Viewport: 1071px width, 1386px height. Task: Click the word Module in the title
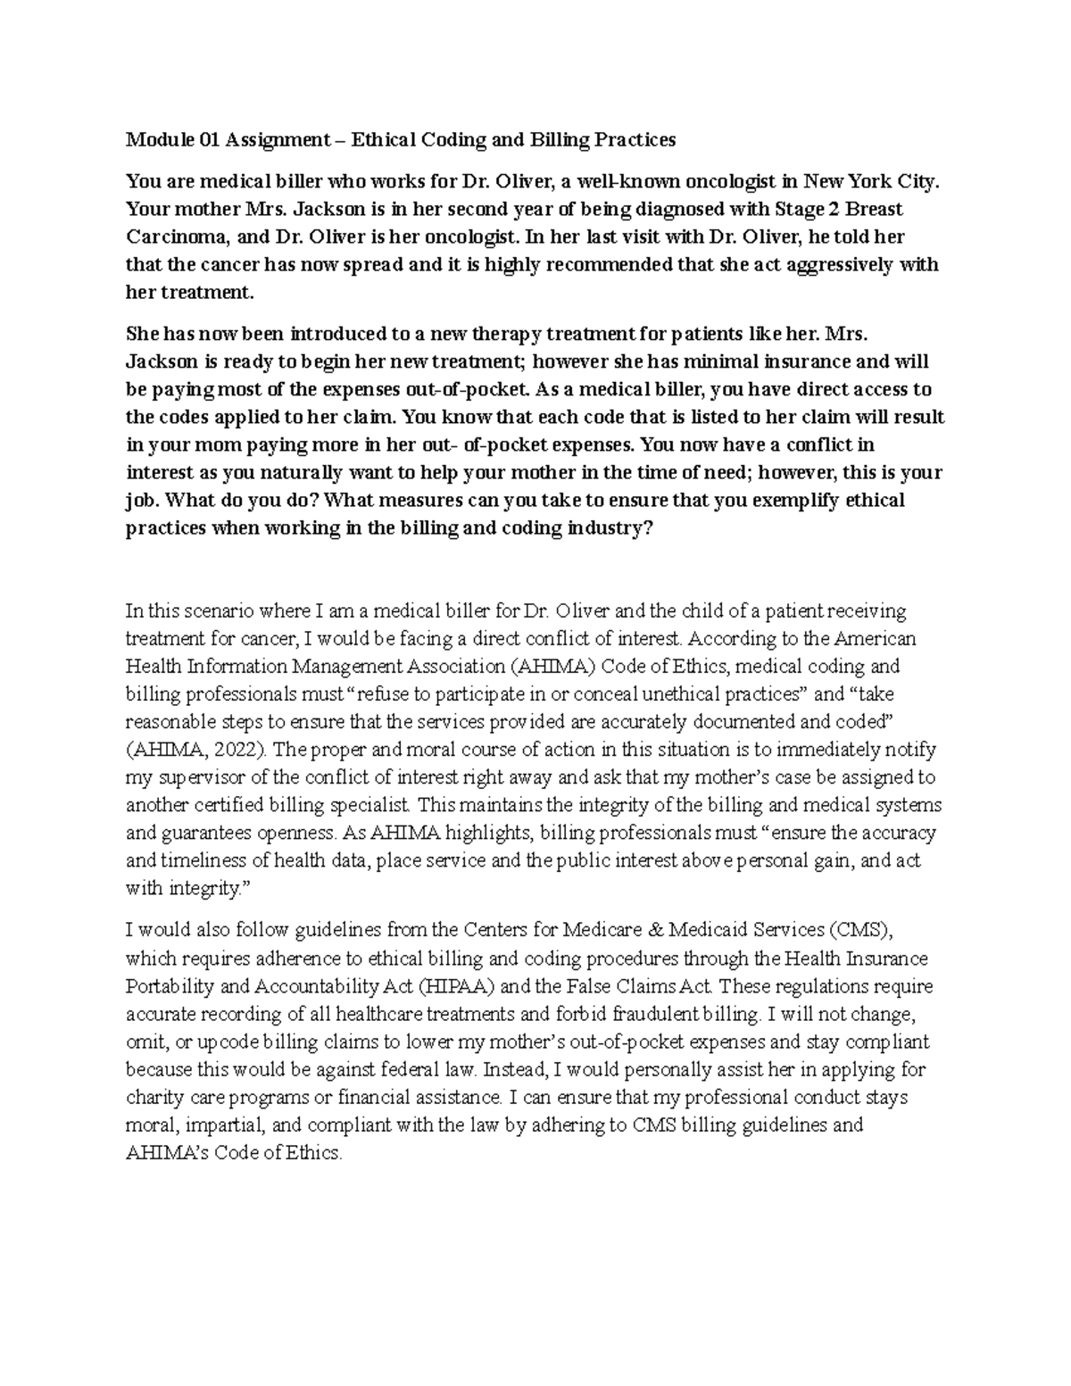tap(154, 140)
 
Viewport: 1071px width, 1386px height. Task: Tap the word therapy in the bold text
tap(484, 335)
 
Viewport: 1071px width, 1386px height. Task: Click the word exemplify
tap(797, 501)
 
